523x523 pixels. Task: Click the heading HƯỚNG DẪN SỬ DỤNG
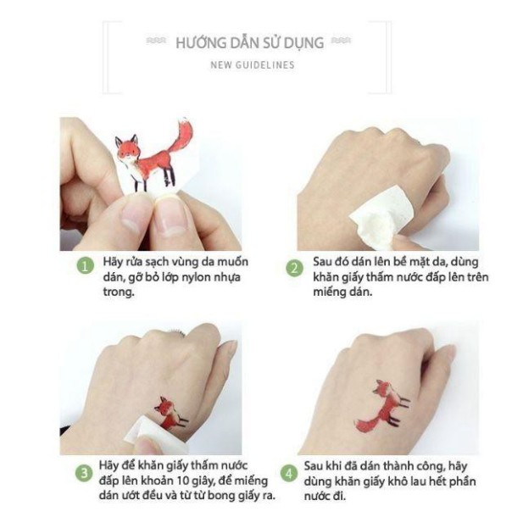coord(249,42)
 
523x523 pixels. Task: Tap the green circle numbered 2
coord(293,268)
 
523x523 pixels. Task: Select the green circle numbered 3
coord(84,472)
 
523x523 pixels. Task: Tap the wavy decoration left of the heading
coord(157,41)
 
